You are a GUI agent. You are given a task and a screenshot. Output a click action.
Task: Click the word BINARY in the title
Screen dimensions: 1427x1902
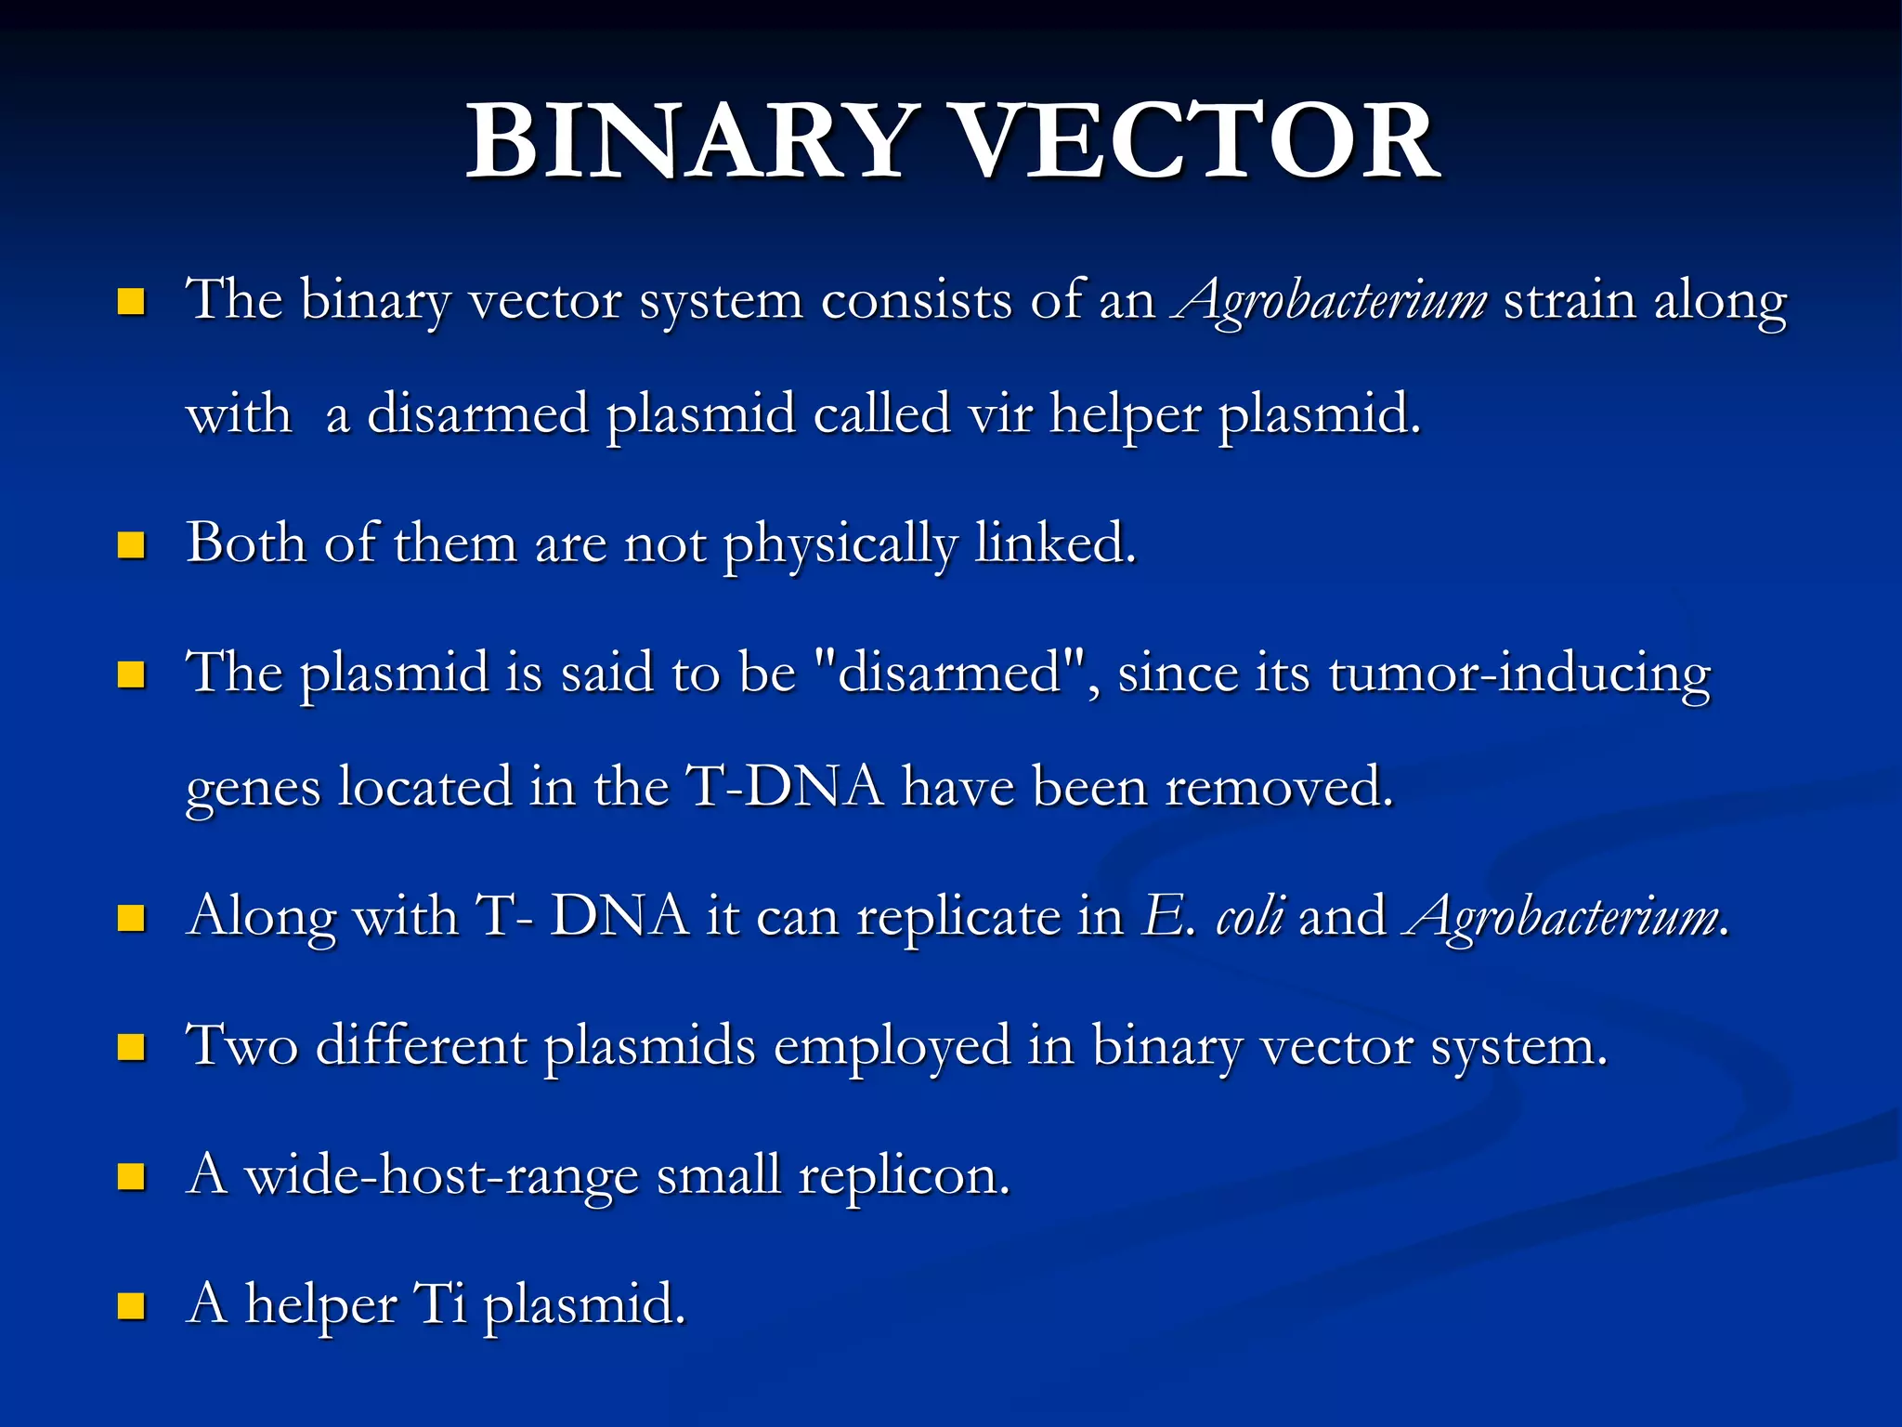pyautogui.click(x=687, y=141)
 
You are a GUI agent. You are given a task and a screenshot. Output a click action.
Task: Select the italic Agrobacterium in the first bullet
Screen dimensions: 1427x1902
pyautogui.click(x=1330, y=301)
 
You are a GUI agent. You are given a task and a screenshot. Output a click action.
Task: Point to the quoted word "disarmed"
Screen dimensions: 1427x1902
pyautogui.click(x=949, y=673)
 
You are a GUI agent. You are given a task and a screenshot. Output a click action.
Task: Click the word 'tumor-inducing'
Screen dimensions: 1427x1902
pyautogui.click(x=1519, y=674)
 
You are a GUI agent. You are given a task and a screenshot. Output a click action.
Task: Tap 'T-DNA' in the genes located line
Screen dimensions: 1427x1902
pyautogui.click(x=785, y=787)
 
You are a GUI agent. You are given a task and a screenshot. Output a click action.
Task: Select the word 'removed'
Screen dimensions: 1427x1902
pyautogui.click(x=1278, y=787)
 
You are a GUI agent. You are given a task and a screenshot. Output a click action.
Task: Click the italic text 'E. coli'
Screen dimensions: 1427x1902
pyautogui.click(x=1215, y=916)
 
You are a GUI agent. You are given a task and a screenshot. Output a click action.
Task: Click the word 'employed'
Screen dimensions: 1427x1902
pyautogui.click(x=892, y=1047)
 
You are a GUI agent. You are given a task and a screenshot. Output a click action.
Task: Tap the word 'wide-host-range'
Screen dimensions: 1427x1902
pyautogui.click(x=440, y=1176)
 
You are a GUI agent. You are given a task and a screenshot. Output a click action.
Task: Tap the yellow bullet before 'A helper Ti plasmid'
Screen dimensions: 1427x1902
pyautogui.click(x=132, y=1306)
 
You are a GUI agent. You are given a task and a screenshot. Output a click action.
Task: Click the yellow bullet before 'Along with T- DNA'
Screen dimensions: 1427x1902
pyautogui.click(x=132, y=918)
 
